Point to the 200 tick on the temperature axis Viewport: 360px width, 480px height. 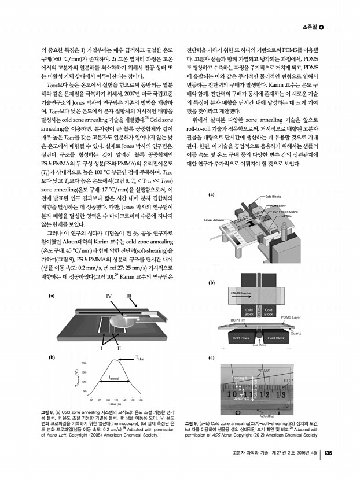point(83,363)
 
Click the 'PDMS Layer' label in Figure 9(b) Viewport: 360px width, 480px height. point(291,317)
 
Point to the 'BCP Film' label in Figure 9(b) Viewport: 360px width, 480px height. point(240,320)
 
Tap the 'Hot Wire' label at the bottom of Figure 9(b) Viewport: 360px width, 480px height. point(259,345)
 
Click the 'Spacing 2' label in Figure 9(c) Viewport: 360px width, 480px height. point(241,398)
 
